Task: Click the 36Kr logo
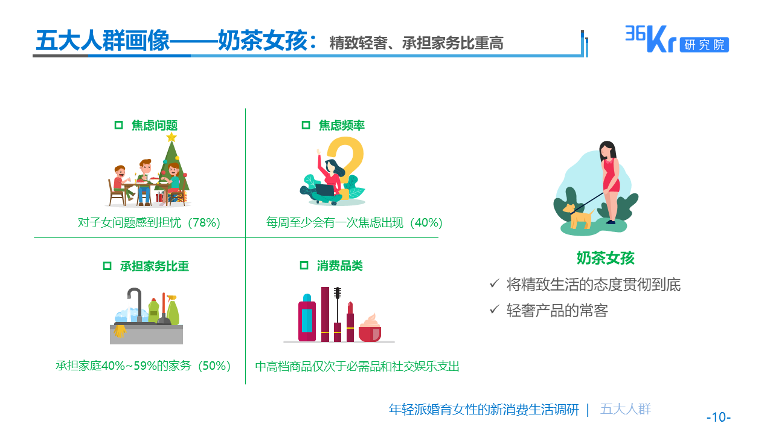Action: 650,39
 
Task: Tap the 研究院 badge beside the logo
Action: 704,45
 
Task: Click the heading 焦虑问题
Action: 155,126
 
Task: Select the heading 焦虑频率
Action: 341,126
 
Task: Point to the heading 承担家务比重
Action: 154,266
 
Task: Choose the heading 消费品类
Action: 339,266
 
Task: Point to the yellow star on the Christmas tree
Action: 172,137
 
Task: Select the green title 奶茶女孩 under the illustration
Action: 605,258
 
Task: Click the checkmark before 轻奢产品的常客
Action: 495,310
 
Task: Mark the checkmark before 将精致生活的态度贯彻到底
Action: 495,283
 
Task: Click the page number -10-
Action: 719,417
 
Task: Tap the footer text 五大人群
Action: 626,409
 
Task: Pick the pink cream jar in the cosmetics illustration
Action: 370,329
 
